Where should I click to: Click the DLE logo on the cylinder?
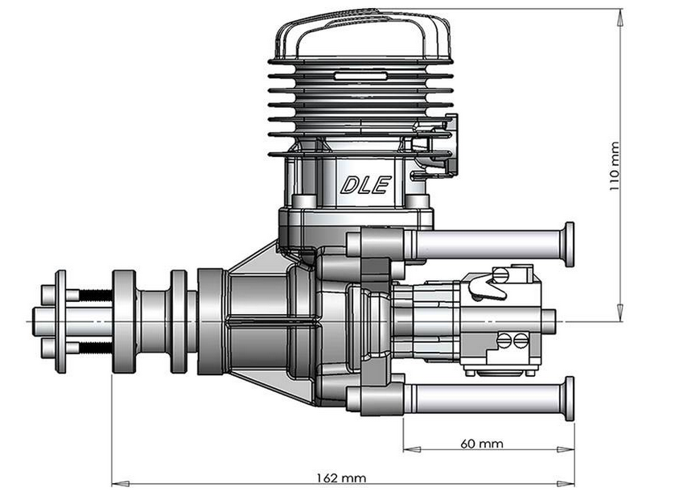click(x=365, y=184)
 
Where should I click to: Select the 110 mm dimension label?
click(x=615, y=167)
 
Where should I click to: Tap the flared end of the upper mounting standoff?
click(x=569, y=244)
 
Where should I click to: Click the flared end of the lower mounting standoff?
click(x=569, y=398)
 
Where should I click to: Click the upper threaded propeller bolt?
click(x=93, y=295)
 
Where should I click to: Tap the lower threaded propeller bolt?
click(x=93, y=348)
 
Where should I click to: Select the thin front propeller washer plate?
click(x=60, y=321)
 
